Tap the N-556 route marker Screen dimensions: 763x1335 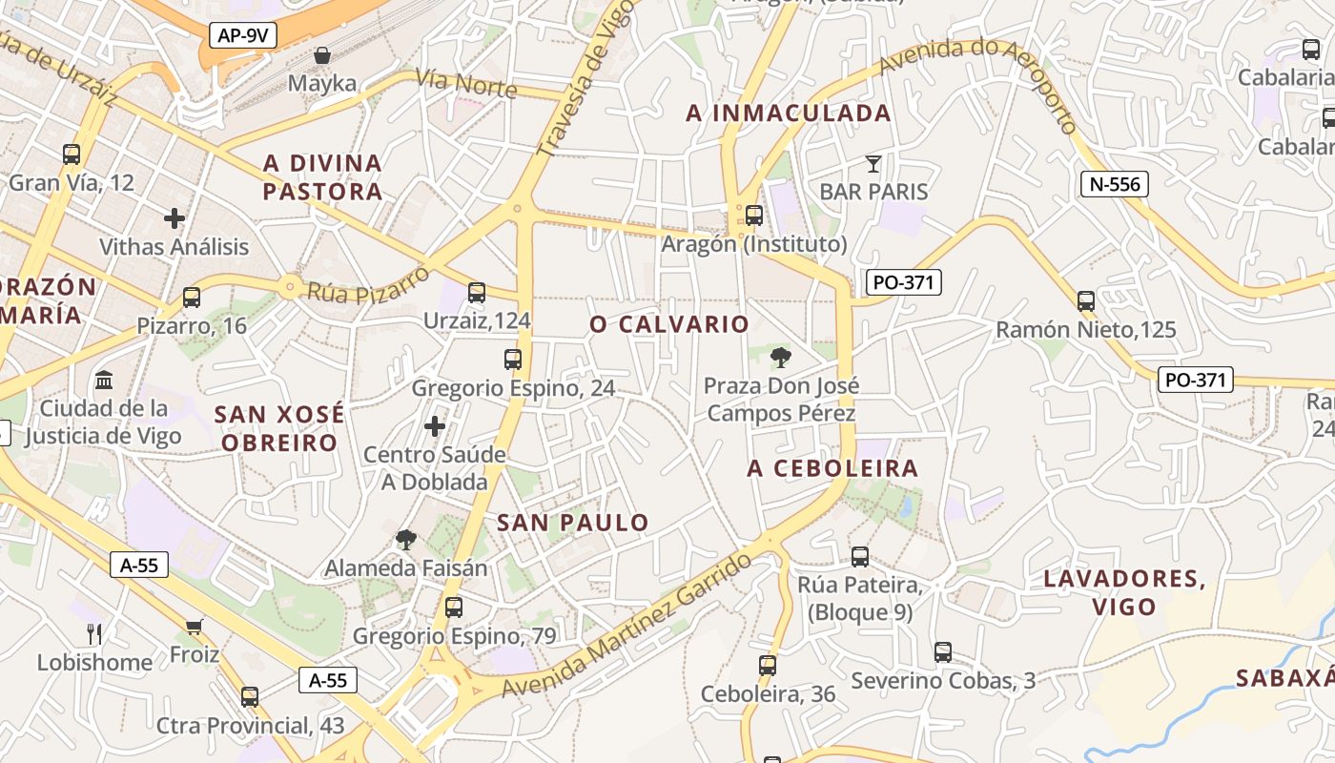[1114, 184]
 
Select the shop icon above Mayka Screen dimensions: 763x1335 [322, 55]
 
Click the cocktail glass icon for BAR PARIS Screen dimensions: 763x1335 [873, 163]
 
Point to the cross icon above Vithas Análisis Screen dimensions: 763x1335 [174, 218]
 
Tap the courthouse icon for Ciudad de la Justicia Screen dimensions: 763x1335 [104, 381]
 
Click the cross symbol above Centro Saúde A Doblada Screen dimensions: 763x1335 [435, 425]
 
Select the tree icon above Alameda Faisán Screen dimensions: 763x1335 [406, 540]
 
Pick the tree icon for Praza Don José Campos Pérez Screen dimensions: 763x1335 [781, 358]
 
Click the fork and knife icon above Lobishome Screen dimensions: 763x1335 [93, 633]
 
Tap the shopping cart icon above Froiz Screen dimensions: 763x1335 [195, 627]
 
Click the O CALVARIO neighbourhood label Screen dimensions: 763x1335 [669, 324]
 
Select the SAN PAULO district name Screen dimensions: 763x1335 [573, 523]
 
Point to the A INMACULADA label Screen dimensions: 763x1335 [789, 113]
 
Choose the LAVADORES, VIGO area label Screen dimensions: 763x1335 [1124, 592]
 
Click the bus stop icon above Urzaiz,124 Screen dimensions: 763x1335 [477, 293]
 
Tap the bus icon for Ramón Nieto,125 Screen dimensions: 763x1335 [1085, 301]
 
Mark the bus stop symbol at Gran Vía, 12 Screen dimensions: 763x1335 [72, 154]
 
